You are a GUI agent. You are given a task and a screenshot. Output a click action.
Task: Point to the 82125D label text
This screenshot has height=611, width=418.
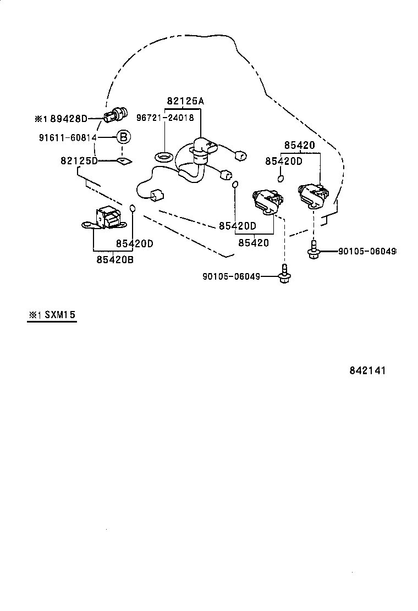(x=79, y=160)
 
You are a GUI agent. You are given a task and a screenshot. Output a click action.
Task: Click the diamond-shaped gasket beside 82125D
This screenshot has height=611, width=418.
(x=124, y=161)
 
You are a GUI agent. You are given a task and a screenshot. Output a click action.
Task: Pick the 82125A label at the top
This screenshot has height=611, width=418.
(x=185, y=101)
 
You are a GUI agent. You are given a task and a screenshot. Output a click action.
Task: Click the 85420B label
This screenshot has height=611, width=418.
(x=115, y=260)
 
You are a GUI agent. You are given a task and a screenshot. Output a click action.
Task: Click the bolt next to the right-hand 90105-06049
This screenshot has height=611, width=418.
(x=313, y=249)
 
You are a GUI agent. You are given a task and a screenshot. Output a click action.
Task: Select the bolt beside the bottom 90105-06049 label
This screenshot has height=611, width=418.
(x=284, y=275)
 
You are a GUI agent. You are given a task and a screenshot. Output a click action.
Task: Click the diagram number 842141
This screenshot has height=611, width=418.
(x=367, y=370)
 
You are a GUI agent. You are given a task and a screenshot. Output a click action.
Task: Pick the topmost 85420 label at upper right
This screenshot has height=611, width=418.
(x=299, y=146)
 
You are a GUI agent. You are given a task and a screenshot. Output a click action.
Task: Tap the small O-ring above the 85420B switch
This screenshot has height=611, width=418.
(x=132, y=207)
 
